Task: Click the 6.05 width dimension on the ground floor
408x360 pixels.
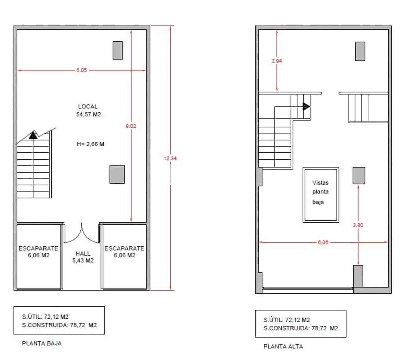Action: click(81, 70)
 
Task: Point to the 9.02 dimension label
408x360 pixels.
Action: click(131, 126)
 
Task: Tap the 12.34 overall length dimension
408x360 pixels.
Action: click(170, 158)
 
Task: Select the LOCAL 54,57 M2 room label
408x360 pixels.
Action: click(88, 110)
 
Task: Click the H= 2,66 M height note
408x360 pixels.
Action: click(90, 144)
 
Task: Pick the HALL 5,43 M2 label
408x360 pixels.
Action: click(83, 257)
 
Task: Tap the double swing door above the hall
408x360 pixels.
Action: click(82, 234)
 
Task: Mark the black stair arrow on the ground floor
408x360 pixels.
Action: click(33, 135)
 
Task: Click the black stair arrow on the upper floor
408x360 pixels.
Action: click(306, 106)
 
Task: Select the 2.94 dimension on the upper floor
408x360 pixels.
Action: click(277, 61)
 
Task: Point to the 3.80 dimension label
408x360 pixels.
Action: click(358, 225)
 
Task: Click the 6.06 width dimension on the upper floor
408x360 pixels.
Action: click(323, 242)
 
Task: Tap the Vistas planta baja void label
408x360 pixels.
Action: click(320, 192)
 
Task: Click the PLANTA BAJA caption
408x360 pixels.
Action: click(42, 343)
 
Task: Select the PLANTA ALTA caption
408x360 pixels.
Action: click(283, 346)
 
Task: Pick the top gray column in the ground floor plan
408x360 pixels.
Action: click(117, 51)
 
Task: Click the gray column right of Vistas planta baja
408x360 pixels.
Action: click(359, 175)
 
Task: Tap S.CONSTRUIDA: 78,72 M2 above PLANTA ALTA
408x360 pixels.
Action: click(301, 328)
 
